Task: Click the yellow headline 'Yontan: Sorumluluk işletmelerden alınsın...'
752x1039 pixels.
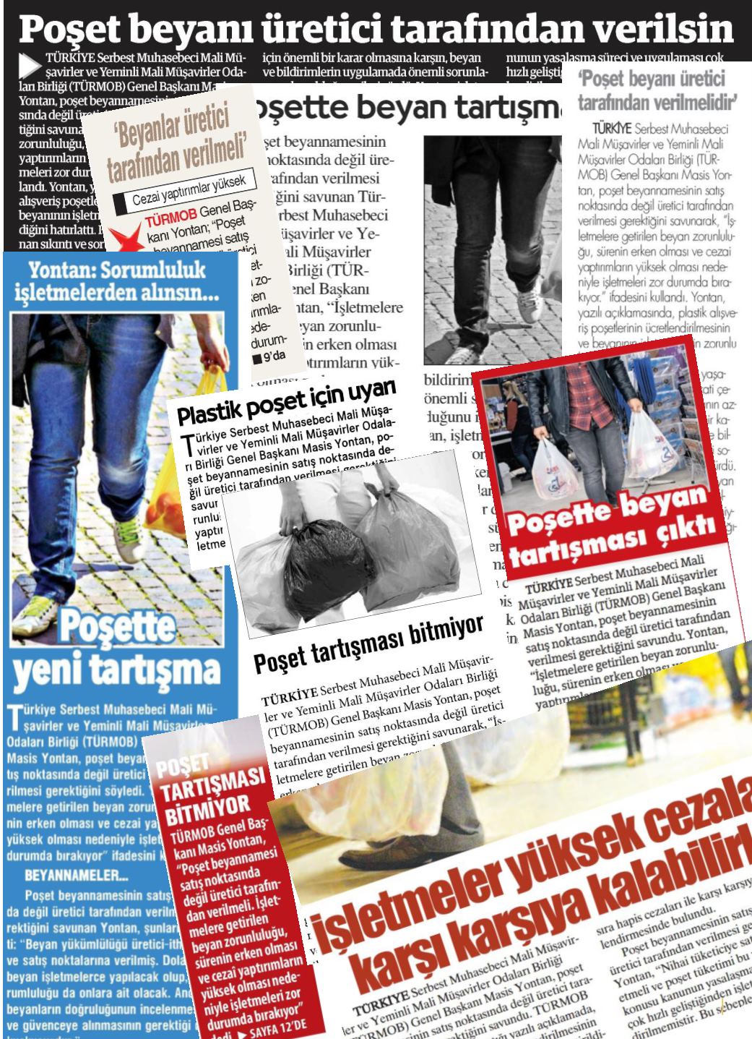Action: coord(117,283)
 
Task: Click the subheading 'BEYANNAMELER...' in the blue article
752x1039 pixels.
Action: coord(76,876)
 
